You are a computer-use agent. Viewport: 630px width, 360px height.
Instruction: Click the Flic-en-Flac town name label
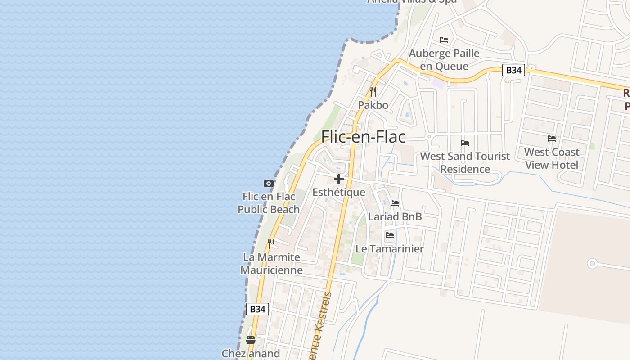coord(363,137)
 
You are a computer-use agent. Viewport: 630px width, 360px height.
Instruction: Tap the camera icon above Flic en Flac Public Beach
coord(269,183)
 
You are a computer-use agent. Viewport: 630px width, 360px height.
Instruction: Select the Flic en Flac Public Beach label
coord(269,203)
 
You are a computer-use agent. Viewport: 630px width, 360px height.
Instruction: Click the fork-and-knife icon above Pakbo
coord(373,91)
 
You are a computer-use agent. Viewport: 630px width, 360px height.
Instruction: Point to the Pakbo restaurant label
coord(373,105)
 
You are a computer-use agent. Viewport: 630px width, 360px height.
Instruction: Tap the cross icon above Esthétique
coord(339,179)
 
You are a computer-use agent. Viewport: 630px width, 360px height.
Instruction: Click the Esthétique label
coord(339,193)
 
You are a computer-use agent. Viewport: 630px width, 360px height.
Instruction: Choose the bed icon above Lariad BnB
coord(395,203)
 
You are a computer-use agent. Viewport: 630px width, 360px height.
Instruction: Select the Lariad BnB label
coord(395,216)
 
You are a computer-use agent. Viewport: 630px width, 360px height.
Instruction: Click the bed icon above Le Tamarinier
coord(390,235)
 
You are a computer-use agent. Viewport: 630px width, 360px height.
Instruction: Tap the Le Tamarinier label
coord(390,249)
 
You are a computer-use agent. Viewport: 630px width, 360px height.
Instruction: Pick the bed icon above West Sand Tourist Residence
coord(465,143)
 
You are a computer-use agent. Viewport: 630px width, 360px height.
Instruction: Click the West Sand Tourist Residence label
coord(465,162)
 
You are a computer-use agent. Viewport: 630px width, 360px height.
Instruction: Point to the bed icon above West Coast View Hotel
coord(552,139)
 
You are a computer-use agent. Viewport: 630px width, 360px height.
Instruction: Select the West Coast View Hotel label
coord(552,158)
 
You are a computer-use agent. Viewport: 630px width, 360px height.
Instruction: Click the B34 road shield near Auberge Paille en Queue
coord(513,70)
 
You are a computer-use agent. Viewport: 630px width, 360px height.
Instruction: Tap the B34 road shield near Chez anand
coord(257,309)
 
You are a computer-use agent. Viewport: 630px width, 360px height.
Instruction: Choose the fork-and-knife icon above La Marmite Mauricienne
coord(271,243)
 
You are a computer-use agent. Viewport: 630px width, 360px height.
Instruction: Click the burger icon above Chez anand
coord(251,340)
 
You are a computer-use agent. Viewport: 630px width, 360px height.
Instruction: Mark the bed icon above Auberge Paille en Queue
coord(444,40)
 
